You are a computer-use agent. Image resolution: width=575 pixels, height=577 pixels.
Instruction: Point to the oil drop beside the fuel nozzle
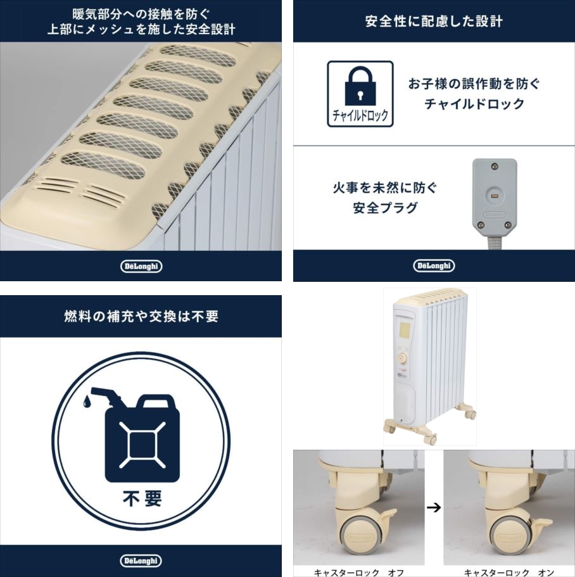click(87, 402)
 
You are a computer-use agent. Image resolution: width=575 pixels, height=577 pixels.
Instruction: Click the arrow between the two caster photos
click(434, 507)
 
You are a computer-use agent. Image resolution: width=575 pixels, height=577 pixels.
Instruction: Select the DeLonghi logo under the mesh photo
click(141, 266)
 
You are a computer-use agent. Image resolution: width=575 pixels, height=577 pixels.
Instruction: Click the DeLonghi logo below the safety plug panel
click(434, 265)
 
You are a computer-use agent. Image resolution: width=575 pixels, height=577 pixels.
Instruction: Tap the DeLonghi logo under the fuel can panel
click(141, 561)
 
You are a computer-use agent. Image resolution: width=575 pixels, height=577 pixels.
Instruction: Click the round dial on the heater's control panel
click(402, 358)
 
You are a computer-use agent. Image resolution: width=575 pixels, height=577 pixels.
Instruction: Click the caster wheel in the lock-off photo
click(360, 538)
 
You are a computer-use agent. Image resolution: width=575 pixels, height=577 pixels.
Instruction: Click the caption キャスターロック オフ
click(359, 573)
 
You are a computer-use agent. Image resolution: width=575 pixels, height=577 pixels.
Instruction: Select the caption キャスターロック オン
click(509, 573)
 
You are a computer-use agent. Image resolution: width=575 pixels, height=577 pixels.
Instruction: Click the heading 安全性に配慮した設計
click(434, 21)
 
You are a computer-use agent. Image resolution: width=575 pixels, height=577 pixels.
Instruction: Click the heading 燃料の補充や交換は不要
click(141, 316)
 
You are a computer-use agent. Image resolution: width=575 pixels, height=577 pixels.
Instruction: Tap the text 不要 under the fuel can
click(142, 498)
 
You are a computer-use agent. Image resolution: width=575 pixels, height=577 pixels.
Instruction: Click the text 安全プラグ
click(385, 208)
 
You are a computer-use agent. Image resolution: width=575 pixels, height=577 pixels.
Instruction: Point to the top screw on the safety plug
click(495, 167)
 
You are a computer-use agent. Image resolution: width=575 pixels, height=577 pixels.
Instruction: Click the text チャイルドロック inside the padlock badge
click(360, 115)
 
